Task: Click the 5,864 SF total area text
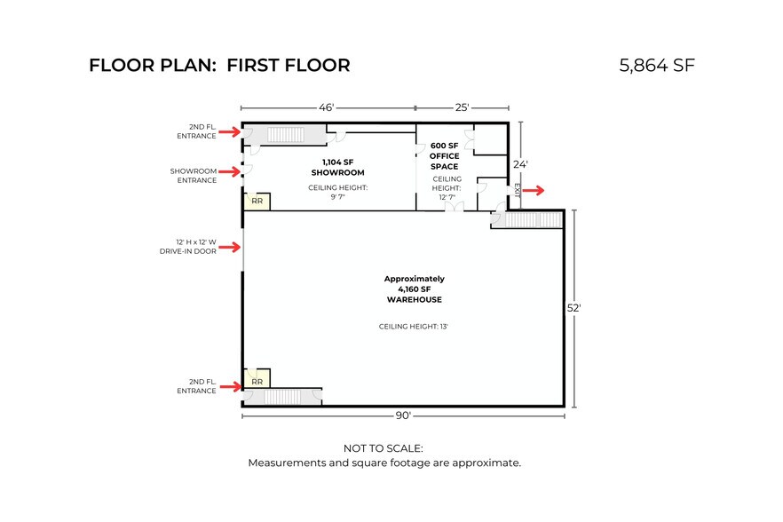(x=657, y=66)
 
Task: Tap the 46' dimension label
(x=326, y=107)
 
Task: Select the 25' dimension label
(x=462, y=107)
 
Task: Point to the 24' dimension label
(x=520, y=164)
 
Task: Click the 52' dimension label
(x=573, y=308)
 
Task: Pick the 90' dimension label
(x=403, y=415)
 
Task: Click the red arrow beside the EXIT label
(x=534, y=190)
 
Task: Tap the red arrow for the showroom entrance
(x=230, y=172)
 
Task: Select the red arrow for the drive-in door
(x=230, y=247)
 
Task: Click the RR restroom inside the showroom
(x=257, y=202)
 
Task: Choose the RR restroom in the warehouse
(x=257, y=379)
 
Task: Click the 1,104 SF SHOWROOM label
(x=337, y=167)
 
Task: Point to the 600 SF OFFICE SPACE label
(x=445, y=156)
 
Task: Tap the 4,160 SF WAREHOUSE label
(x=414, y=289)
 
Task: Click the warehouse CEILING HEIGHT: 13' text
(x=413, y=327)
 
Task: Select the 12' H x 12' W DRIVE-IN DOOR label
(x=188, y=247)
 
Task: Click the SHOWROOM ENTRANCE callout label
(x=194, y=176)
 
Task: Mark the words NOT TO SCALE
(x=383, y=448)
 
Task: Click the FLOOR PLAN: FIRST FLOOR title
(x=220, y=66)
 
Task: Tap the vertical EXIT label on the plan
(x=517, y=190)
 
